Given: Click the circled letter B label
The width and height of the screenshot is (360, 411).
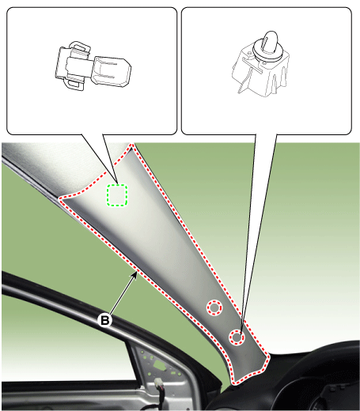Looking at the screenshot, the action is point(104,320).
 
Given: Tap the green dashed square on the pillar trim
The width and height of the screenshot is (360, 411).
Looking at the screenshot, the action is point(117,195).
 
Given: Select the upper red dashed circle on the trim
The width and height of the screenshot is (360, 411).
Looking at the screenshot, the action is point(214,307).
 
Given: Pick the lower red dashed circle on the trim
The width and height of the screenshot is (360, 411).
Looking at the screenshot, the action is point(237,337).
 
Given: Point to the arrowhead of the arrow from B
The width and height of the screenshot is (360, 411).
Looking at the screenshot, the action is point(135,275).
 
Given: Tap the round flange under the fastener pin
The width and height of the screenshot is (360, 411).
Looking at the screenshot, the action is point(267,52).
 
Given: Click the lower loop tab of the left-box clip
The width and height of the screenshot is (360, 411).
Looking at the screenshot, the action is point(76,85).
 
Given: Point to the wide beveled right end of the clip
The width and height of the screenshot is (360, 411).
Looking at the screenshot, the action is point(112,71).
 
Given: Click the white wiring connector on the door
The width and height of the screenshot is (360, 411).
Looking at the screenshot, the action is point(159,383).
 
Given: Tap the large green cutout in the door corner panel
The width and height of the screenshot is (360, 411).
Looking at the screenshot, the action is point(159,365).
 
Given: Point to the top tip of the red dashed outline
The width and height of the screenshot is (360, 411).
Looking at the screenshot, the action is point(131,145).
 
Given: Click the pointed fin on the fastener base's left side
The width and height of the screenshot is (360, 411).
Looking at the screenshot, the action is point(244,85).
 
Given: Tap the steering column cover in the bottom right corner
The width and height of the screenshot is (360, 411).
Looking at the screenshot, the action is point(316,379).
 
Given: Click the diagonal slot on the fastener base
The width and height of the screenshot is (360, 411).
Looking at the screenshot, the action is point(252,65).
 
